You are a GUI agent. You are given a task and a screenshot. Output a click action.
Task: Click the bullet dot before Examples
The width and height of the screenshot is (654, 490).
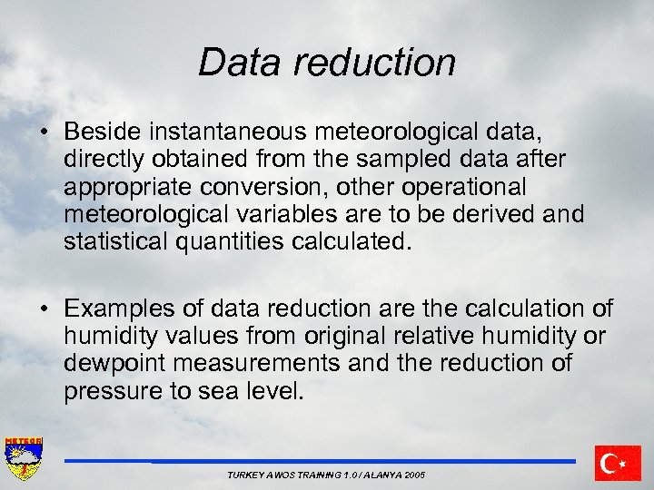44,309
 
